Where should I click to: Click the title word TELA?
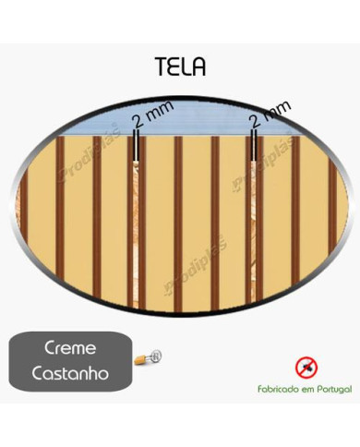tap(180, 66)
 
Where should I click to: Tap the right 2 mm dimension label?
tap(270, 115)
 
